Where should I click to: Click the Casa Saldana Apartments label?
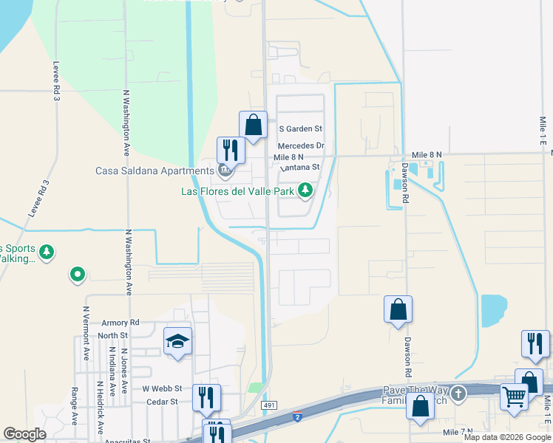point(154,171)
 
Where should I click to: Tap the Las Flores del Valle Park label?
point(238,191)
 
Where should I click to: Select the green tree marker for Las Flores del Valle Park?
point(305,191)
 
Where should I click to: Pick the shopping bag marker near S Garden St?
point(253,126)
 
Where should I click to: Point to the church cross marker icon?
point(459,392)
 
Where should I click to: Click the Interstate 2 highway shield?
point(296,418)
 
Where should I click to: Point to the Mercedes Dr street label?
point(301,146)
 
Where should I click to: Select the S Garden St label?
point(300,128)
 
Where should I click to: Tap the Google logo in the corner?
point(24,433)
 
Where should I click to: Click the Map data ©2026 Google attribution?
point(506,437)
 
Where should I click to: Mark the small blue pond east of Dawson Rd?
point(493,310)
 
